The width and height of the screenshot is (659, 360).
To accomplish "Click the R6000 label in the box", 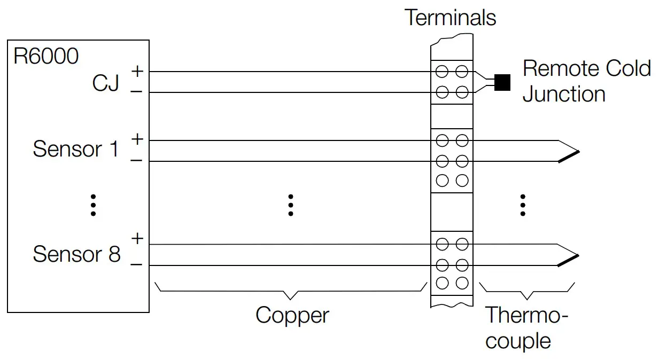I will [x=46, y=56].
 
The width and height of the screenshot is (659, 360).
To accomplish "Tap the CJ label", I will [x=105, y=83].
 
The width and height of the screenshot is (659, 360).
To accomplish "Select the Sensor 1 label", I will [x=75, y=149].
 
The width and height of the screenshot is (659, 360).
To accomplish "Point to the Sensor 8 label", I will [x=76, y=254].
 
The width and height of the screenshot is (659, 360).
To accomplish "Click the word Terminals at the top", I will [x=450, y=18].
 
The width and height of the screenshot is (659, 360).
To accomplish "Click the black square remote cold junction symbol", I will [x=502, y=82].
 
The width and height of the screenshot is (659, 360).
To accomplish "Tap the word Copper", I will [x=292, y=315].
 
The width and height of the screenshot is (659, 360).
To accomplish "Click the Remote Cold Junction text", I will [x=586, y=81].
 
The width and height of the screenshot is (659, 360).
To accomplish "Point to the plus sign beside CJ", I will [x=137, y=70].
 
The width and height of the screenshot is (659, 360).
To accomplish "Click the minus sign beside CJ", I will [x=137, y=92].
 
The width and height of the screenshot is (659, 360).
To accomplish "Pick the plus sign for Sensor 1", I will [x=137, y=139].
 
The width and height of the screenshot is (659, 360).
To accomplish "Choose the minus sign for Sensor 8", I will [x=137, y=264].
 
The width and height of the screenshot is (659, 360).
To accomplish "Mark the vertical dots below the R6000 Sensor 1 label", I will [x=93, y=205].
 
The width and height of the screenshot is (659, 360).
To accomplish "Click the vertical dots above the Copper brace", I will [x=291, y=205].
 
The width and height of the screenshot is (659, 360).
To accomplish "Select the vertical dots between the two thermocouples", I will [x=523, y=205].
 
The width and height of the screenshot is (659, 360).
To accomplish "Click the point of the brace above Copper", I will [x=291, y=298].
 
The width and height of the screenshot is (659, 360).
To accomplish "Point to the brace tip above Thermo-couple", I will [x=528, y=298].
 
